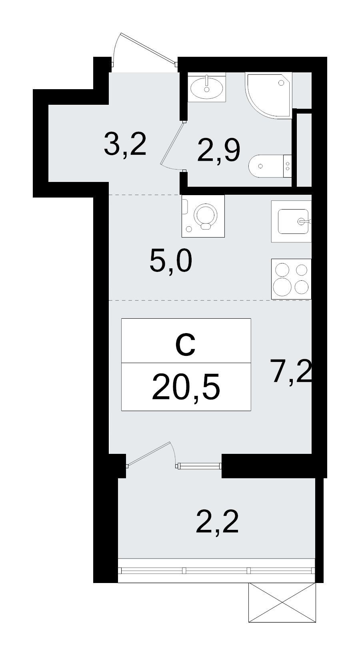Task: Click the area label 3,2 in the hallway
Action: pyautogui.click(x=125, y=144)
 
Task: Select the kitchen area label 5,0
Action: pyautogui.click(x=171, y=261)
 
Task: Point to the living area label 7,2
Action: pyautogui.click(x=291, y=371)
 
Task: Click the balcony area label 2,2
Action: pyautogui.click(x=217, y=522)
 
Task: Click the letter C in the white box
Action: pyautogui.click(x=186, y=345)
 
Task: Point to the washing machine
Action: pyautogui.click(x=203, y=216)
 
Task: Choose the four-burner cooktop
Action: pyautogui.click(x=291, y=279)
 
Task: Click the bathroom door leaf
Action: pyautogui.click(x=172, y=144)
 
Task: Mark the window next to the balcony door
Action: pyautogui.click(x=199, y=465)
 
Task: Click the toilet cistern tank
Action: pyautogui.click(x=288, y=166)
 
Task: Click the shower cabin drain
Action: pyautogui.click(x=281, y=83)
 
